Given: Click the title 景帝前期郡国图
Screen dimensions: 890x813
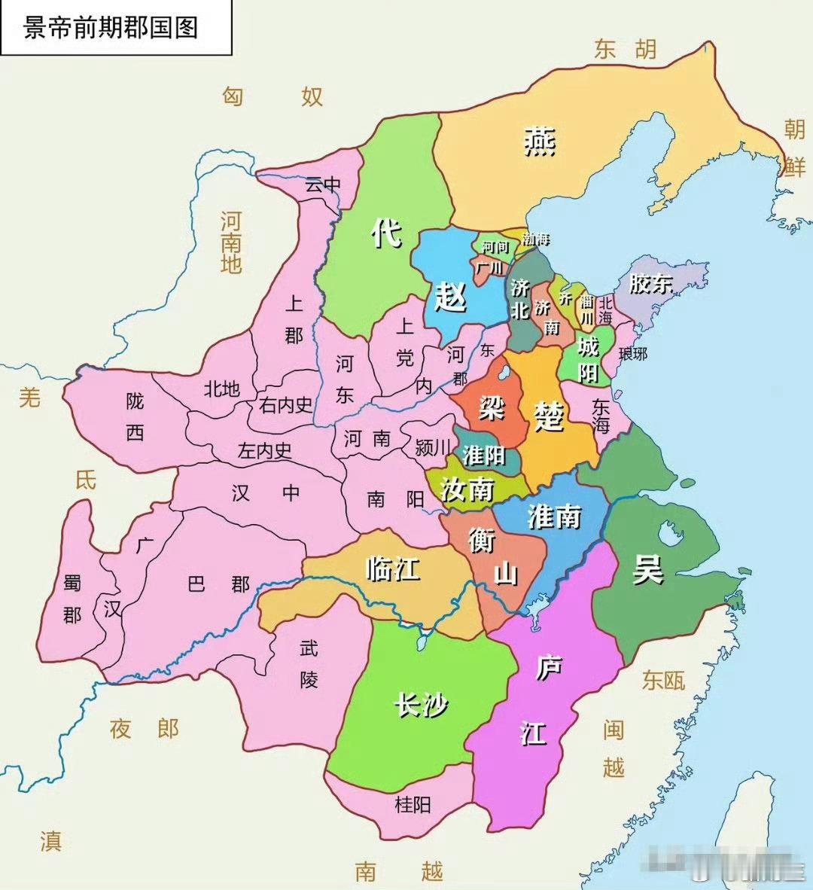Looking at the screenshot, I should [x=111, y=28].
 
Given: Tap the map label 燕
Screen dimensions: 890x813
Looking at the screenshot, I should [x=540, y=141].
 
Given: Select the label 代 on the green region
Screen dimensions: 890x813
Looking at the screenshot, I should [x=386, y=233].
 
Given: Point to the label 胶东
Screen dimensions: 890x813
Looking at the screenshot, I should [x=650, y=284].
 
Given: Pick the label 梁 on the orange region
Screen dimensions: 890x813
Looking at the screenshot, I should [x=492, y=408].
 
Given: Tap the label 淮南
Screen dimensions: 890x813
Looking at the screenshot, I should [x=554, y=517].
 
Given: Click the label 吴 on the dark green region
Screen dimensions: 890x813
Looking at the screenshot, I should [x=647, y=568].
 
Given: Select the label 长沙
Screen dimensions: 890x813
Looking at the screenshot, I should [x=421, y=705].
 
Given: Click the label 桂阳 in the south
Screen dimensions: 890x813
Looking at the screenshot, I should [x=413, y=804].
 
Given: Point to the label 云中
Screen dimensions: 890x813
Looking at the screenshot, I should [x=322, y=184].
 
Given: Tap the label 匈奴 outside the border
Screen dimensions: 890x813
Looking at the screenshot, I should [x=273, y=96].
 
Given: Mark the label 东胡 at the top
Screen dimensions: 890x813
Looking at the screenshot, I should [x=625, y=50].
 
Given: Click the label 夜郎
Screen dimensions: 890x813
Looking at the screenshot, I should [x=144, y=728].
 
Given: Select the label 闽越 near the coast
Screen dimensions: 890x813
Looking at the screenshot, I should [x=614, y=748].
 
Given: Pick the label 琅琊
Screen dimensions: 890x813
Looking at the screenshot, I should [x=632, y=353].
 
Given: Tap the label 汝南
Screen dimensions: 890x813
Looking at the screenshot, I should [x=467, y=489].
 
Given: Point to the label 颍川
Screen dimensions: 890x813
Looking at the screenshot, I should [x=433, y=447].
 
